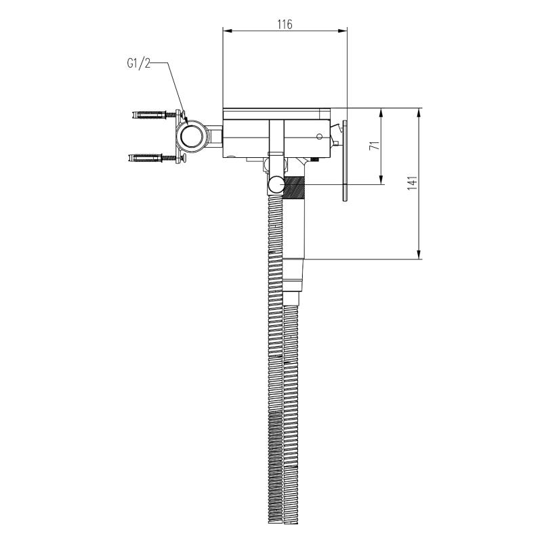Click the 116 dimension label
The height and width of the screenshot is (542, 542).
[285, 24]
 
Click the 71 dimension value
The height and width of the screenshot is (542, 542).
[375, 146]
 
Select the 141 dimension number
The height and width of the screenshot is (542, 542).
[413, 183]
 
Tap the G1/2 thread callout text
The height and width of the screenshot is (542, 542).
[139, 63]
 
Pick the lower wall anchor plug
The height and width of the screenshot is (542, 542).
[144, 158]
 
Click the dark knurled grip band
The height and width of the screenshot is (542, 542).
[294, 188]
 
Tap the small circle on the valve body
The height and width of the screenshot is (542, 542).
[320, 137]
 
